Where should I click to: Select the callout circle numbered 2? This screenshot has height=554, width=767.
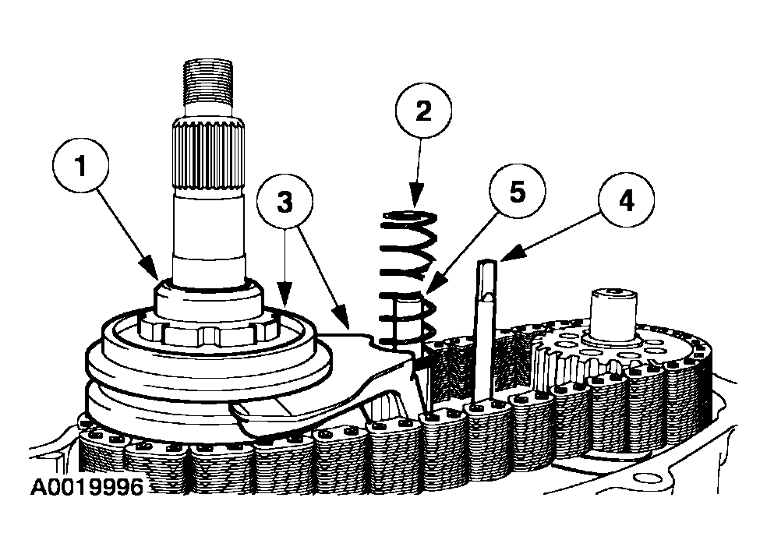423,111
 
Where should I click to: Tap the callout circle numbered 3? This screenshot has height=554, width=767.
285,202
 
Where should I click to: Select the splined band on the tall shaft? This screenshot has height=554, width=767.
208,155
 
